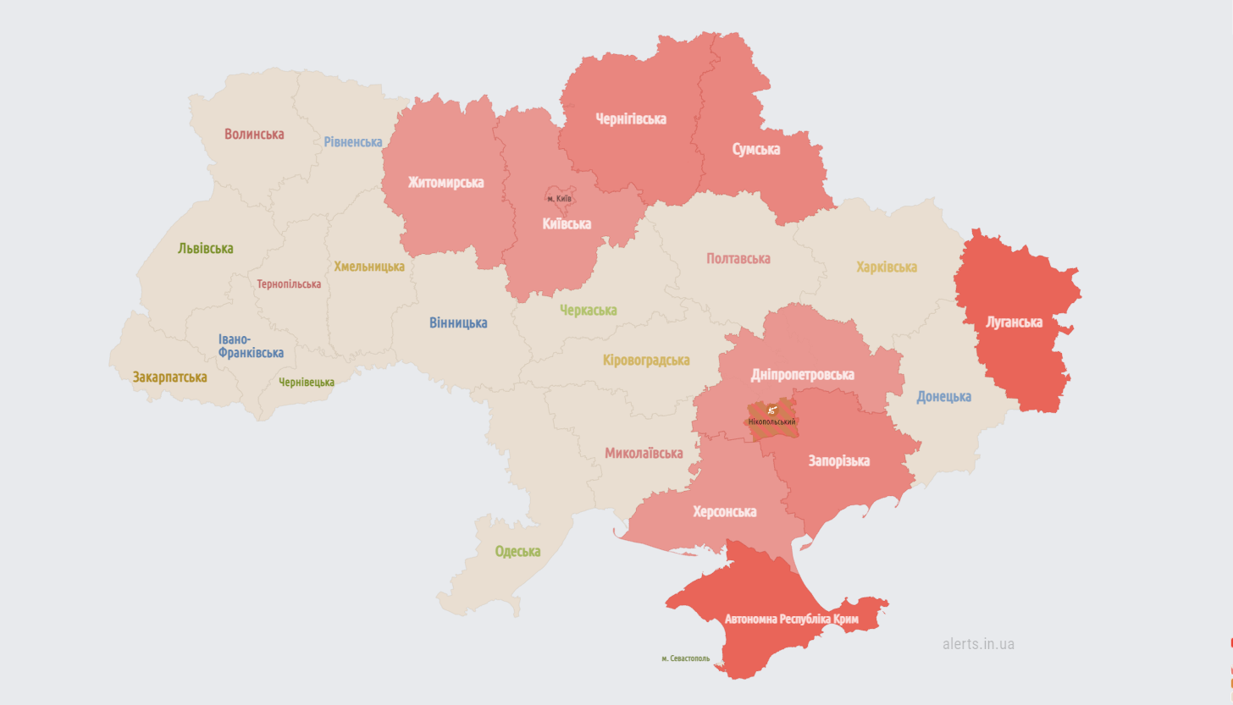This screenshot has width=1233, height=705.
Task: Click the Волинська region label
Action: click(254, 134)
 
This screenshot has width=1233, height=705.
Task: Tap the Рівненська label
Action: click(353, 141)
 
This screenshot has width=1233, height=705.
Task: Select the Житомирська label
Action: click(445, 182)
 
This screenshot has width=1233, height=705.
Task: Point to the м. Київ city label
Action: click(559, 198)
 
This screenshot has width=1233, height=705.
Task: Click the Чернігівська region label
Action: click(631, 118)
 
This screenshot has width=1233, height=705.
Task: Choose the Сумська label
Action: click(756, 149)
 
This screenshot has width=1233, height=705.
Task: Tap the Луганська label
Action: click(1014, 322)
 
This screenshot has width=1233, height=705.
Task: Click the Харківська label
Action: click(887, 267)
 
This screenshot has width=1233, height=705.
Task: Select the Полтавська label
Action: click(738, 258)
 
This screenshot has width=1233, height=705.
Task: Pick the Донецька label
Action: click(943, 396)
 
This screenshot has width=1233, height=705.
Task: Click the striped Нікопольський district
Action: click(772, 421)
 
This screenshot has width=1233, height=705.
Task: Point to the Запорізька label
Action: click(839, 460)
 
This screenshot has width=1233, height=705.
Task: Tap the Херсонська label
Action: click(725, 511)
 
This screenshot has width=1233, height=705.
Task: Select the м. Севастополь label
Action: click(686, 658)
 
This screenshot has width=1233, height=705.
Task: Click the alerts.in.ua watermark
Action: click(978, 644)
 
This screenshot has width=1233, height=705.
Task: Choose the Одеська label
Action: click(517, 551)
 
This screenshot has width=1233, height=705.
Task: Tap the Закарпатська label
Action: click(169, 377)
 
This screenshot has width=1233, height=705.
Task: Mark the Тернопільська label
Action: click(289, 284)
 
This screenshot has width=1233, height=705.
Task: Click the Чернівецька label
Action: click(307, 382)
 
